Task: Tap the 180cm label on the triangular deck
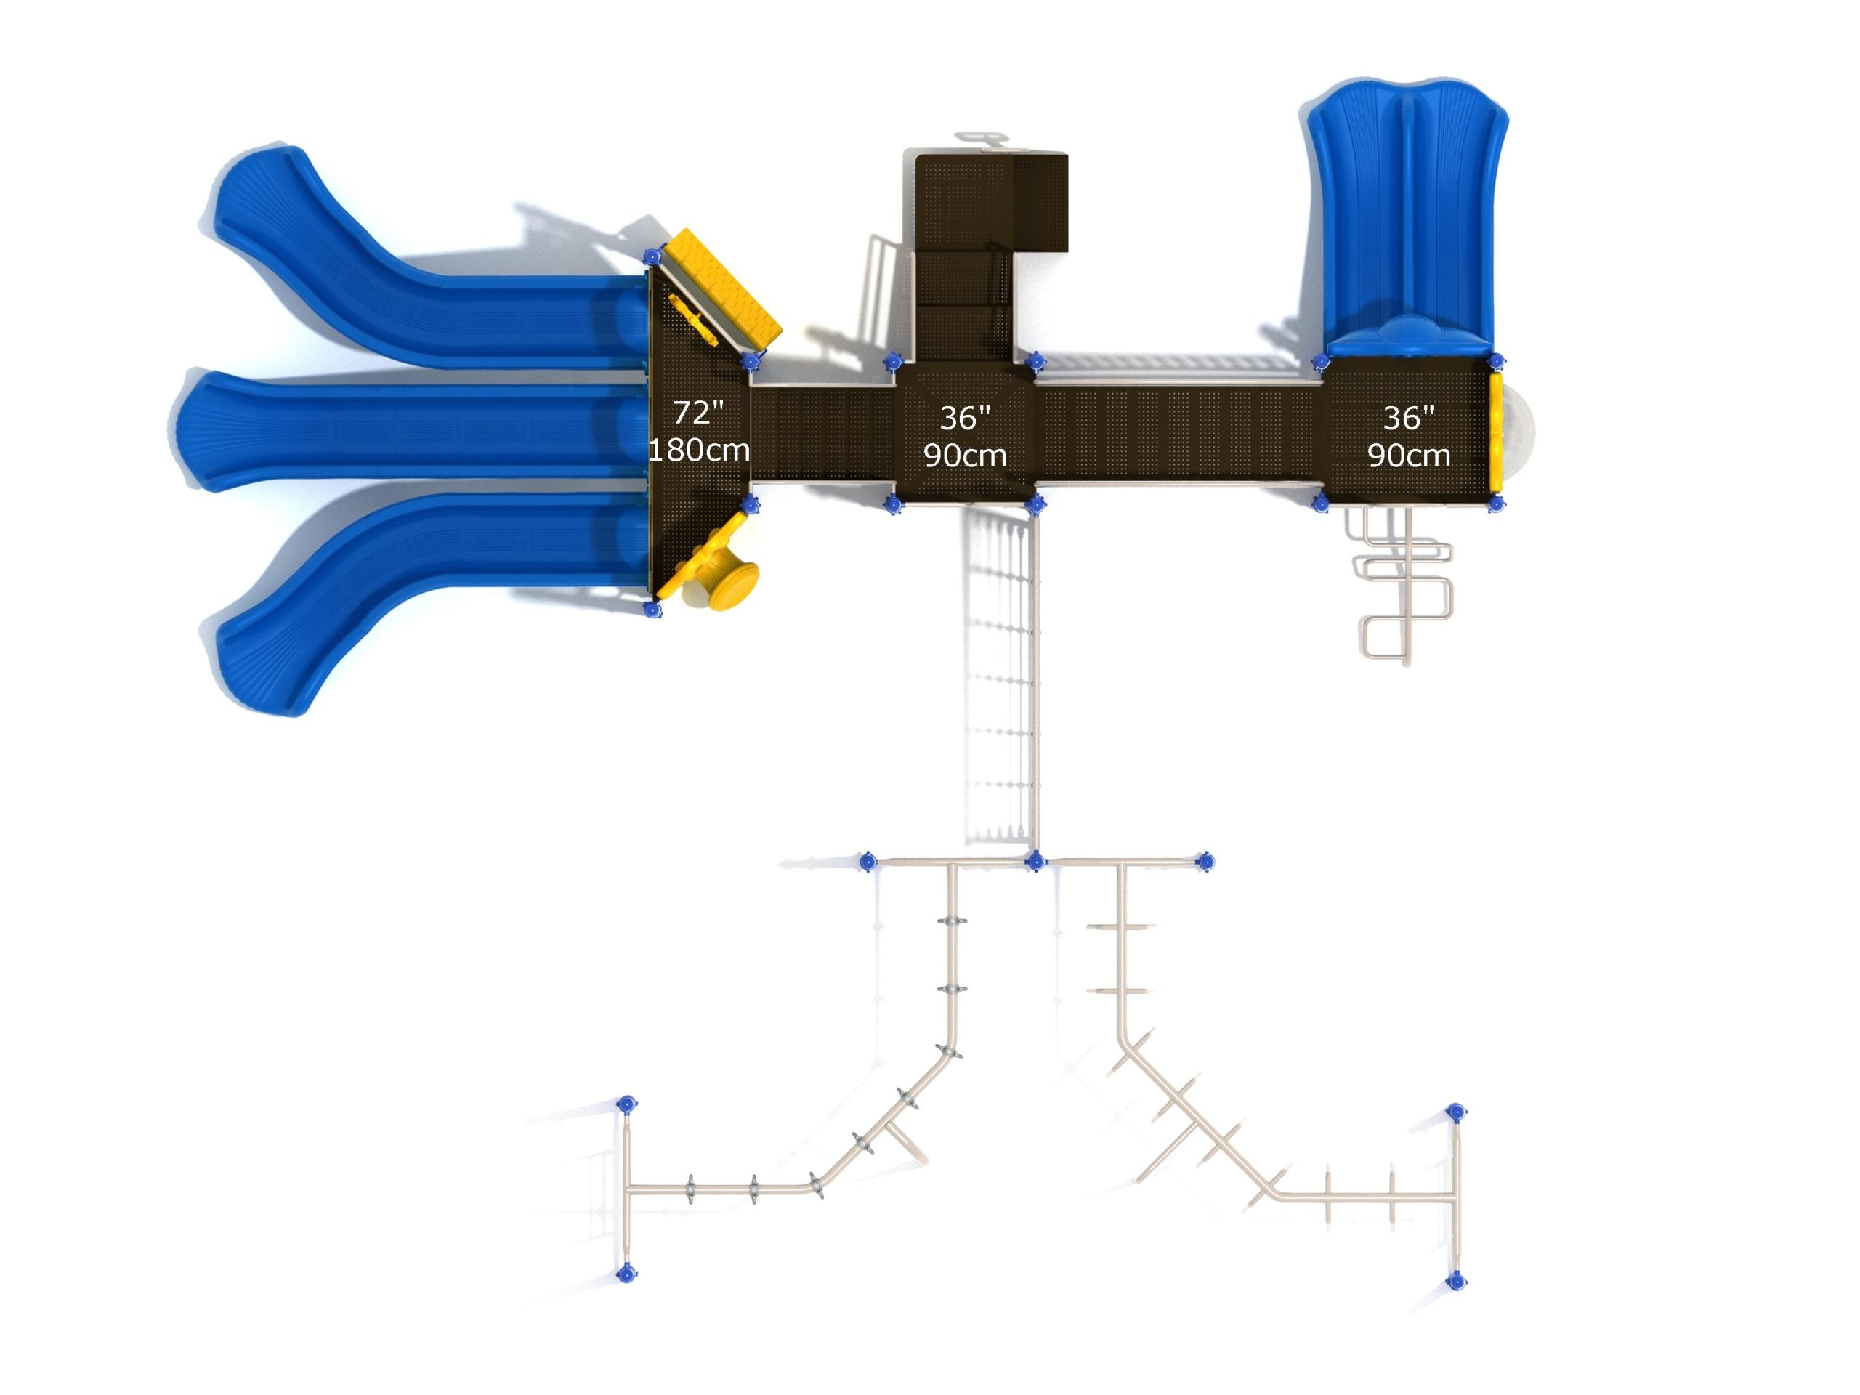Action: (x=699, y=450)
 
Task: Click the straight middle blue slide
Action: (x=412, y=431)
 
